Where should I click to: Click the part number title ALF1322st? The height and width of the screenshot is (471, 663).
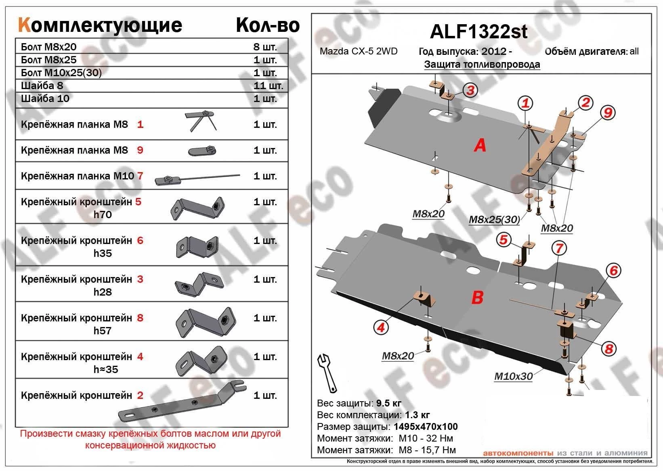tap(478, 31)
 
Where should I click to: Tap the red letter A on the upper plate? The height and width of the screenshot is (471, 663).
tap(480, 145)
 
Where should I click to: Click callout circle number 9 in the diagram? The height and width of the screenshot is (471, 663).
tap(608, 113)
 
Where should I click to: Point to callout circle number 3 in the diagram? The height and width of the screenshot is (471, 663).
tap(470, 90)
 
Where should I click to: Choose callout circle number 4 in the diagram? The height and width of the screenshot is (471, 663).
tap(381, 328)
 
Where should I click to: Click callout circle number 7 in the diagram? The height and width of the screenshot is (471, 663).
tap(559, 248)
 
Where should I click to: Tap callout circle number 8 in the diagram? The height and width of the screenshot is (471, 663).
tap(609, 348)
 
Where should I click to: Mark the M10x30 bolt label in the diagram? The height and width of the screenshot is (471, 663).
tap(514, 376)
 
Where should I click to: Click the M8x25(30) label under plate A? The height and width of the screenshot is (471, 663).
tap(494, 219)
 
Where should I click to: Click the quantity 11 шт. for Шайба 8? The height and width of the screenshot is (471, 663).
tap(268, 85)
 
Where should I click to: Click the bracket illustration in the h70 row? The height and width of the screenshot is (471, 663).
tap(197, 208)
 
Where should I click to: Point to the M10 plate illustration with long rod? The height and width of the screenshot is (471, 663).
tap(197, 178)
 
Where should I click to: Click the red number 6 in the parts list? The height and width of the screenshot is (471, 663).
tap(140, 240)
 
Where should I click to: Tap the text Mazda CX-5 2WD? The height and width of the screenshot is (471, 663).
tap(359, 51)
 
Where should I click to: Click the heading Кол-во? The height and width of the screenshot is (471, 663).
tap(267, 25)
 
